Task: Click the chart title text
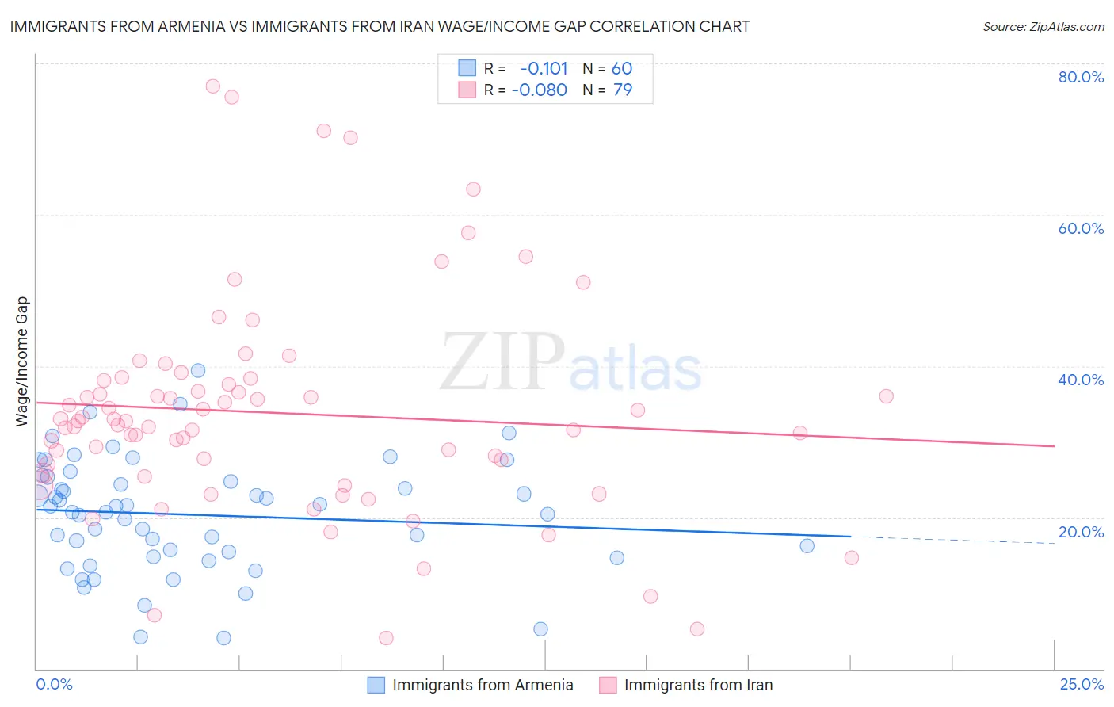380,27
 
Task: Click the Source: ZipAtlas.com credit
1043,27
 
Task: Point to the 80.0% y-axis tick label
1081,77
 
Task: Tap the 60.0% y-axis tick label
1081,228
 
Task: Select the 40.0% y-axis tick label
1081,380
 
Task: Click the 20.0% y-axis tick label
1081,532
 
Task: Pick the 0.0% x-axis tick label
54,685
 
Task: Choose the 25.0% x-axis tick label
1081,685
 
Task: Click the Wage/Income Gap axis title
22,361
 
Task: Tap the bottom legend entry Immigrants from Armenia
482,685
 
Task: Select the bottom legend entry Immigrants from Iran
697,685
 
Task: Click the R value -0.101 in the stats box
544,69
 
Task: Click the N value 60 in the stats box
622,69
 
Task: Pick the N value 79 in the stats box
623,90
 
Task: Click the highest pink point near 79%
212,86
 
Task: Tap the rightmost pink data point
886,396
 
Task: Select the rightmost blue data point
807,545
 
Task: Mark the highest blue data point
198,370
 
